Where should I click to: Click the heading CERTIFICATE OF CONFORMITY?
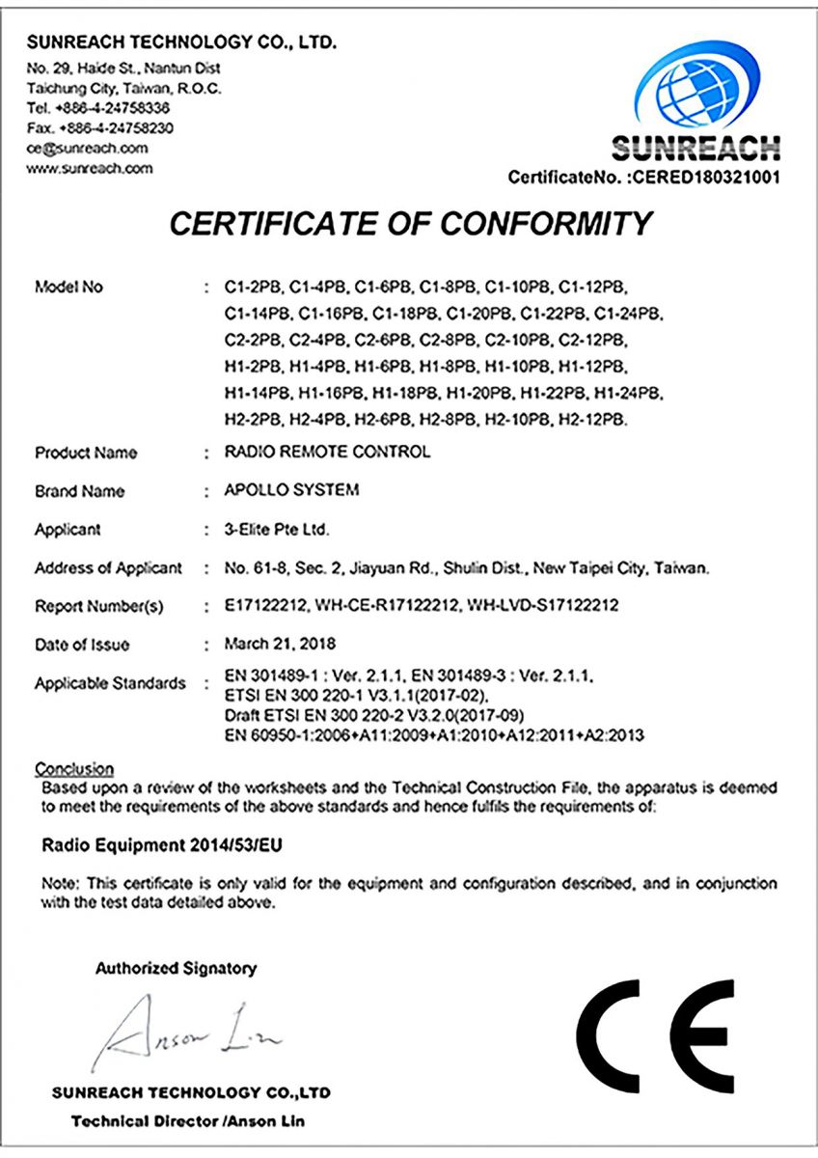coord(411,224)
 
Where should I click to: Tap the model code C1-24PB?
coord(628,314)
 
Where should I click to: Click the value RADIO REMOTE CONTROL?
coord(327,452)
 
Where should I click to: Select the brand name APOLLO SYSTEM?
coord(291,490)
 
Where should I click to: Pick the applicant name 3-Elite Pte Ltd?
coord(274,529)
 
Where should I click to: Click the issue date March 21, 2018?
coord(280,644)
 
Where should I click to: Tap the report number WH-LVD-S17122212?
coord(542,606)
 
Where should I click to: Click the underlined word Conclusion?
coord(74,769)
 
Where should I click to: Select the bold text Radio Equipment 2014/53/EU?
coord(163,845)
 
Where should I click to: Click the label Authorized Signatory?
coord(176,968)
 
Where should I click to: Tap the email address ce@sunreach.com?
coord(88,148)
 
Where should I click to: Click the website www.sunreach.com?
coord(90,168)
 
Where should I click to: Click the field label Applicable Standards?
coord(110,683)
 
